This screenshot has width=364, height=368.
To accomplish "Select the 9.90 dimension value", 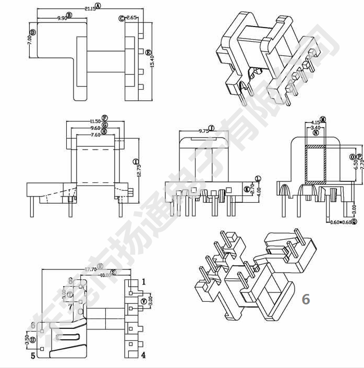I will (x=62, y=18).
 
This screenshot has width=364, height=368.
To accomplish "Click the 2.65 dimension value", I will (x=131, y=18).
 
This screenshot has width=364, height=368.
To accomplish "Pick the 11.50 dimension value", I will (x=95, y=121).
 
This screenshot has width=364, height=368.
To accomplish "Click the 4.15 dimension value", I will (x=315, y=122).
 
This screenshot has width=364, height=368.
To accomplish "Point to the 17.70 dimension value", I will (x=91, y=269).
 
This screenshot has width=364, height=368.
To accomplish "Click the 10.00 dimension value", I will (x=105, y=275).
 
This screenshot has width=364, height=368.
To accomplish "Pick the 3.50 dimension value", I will (x=27, y=342).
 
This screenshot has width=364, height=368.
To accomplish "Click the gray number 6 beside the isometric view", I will (x=306, y=299).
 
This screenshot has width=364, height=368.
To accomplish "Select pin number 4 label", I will (x=143, y=355).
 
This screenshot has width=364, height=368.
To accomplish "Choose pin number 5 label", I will (x=33, y=356).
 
